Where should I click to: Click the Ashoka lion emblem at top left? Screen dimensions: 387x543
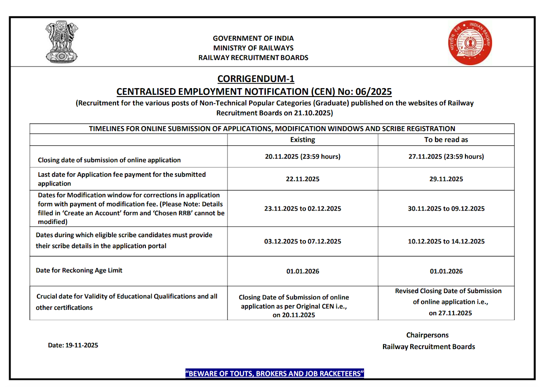61,42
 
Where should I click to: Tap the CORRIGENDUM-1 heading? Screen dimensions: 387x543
256,79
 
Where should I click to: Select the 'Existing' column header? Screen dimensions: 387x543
302,140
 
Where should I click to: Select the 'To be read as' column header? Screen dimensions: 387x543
446,140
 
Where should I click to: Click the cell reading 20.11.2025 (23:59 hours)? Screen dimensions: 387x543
302,156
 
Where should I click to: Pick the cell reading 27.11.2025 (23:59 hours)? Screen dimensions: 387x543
446,156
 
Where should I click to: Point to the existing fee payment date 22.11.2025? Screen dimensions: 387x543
302,179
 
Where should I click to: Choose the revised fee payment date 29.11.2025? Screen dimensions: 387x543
446,179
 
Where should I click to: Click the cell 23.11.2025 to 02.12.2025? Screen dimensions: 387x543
302,208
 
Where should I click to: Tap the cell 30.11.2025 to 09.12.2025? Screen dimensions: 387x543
446,208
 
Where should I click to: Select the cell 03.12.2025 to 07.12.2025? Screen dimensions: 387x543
302,241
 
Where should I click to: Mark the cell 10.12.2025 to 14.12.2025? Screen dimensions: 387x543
446,241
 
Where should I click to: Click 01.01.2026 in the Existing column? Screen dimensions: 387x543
302,271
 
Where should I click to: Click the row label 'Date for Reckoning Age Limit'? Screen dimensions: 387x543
79,270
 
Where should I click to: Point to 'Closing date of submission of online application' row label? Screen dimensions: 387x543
109,160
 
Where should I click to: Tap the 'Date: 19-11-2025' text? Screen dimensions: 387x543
73,345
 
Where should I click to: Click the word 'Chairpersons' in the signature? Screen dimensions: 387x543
427,335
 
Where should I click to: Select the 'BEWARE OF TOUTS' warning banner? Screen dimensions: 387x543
275,374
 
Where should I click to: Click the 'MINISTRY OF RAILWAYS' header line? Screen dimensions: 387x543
253,48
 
